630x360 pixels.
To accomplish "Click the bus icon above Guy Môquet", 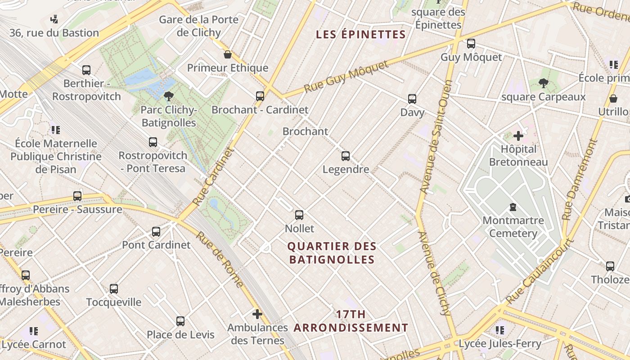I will [471, 44].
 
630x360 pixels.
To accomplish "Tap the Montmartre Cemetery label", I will [513, 227].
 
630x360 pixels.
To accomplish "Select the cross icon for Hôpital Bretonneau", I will [518, 135].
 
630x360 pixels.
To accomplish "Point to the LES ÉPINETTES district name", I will [361, 34].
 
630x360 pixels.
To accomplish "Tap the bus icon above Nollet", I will [299, 215].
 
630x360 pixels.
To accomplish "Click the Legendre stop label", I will [346, 170].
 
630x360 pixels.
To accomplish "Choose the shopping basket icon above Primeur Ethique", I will [228, 54].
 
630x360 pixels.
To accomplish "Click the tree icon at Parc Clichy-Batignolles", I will [169, 96].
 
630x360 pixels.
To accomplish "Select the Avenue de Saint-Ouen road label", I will [435, 137].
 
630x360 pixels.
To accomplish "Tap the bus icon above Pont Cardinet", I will [156, 232].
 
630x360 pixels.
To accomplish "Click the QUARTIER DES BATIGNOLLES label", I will [332, 253].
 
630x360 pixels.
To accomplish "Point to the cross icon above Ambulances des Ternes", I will [257, 314].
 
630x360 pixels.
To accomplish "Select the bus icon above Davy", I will [412, 99].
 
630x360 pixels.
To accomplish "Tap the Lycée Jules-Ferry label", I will [500, 344].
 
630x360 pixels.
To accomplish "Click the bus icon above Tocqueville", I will [114, 289].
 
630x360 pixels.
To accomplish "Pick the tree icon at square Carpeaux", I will [543, 83].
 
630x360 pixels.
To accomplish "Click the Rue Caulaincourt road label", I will [540, 271].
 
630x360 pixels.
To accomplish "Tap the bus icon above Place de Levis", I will [180, 321].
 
